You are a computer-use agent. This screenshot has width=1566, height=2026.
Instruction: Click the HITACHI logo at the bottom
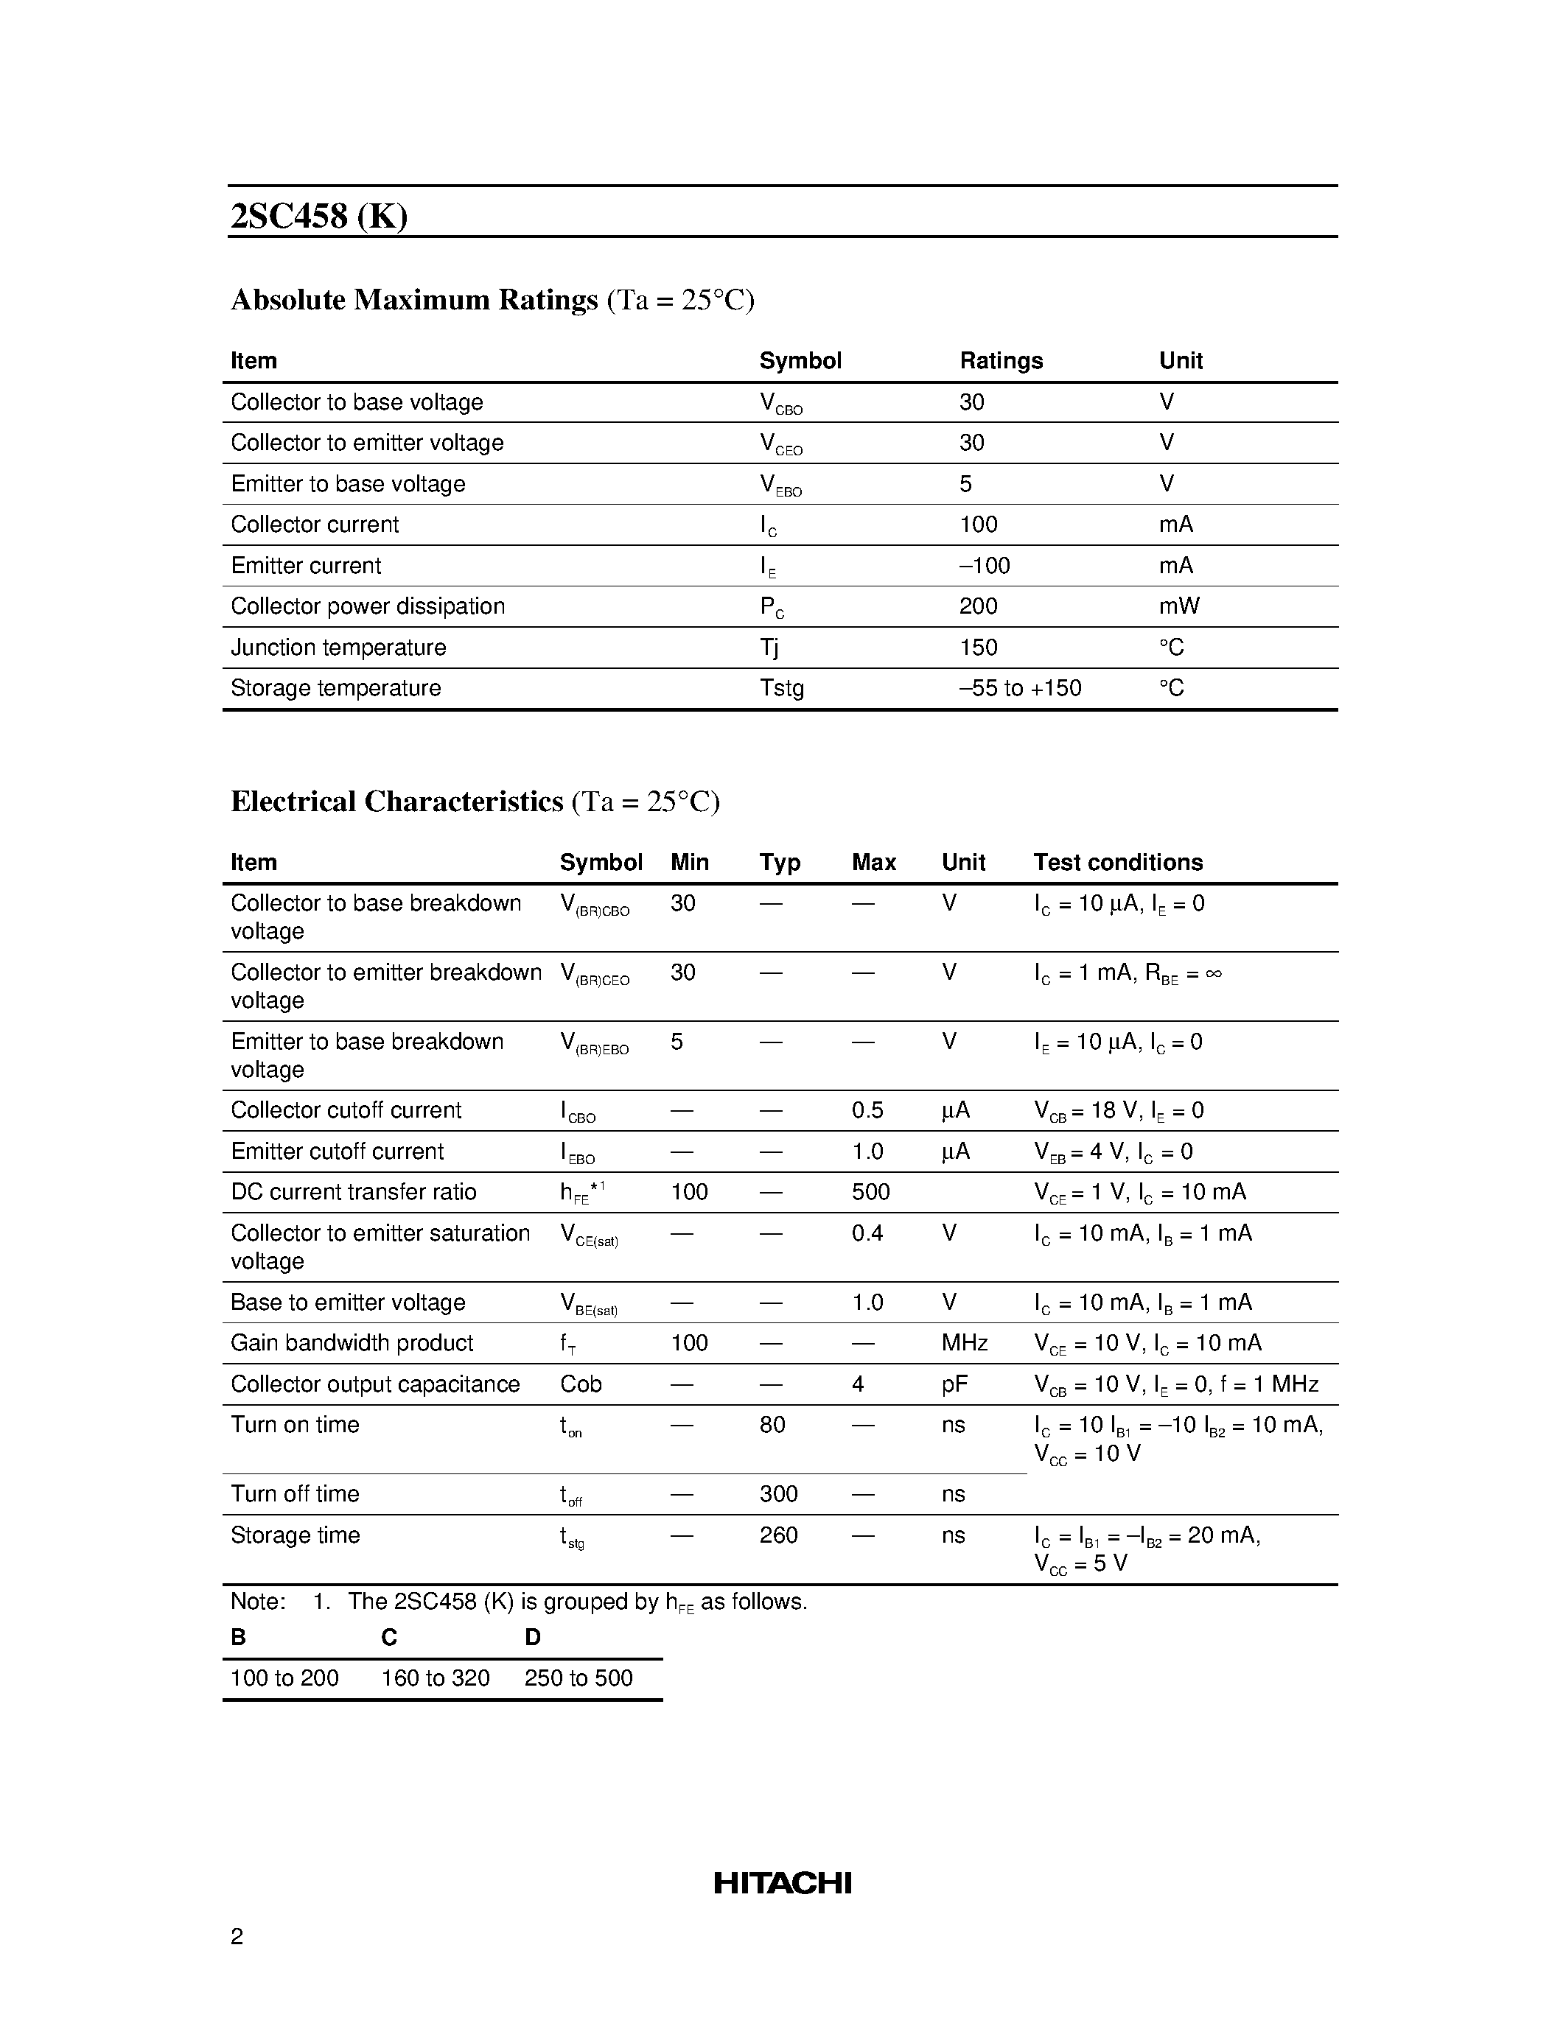click(782, 1882)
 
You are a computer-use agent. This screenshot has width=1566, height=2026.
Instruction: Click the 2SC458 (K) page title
click(319, 216)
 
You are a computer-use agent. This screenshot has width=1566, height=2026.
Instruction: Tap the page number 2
click(237, 1936)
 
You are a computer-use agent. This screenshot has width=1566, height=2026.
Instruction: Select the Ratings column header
click(1001, 361)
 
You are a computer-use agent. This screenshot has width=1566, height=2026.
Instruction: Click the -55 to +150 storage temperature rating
click(1021, 688)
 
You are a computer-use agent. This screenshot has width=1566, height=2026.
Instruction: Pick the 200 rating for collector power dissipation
click(979, 606)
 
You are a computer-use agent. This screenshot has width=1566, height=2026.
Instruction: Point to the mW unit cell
click(1179, 606)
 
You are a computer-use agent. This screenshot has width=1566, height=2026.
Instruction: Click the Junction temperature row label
click(338, 648)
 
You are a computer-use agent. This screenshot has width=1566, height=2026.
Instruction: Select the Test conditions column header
click(1118, 863)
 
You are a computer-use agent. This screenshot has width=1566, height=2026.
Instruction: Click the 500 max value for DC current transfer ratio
click(870, 1192)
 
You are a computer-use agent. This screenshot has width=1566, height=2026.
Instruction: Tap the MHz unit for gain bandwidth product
click(964, 1343)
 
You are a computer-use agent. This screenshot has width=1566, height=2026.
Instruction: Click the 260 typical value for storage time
click(778, 1535)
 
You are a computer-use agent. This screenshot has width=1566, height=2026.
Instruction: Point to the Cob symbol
click(581, 1384)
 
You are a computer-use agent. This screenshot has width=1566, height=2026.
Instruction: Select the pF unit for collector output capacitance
click(954, 1384)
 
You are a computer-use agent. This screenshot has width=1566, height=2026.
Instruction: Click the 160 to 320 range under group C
click(435, 1678)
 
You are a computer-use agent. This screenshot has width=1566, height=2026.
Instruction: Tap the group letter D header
click(533, 1637)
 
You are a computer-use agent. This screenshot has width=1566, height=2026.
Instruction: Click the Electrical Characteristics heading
click(397, 802)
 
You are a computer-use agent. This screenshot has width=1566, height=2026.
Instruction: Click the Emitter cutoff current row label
click(338, 1152)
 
